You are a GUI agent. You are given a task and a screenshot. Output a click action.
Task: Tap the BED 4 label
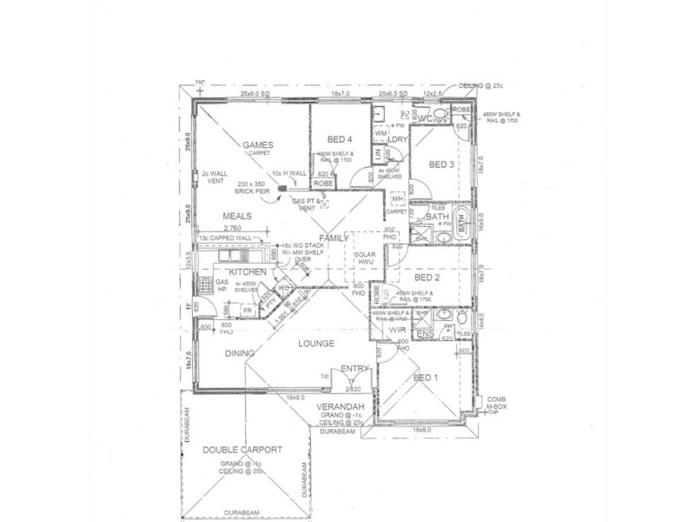coord(340,139)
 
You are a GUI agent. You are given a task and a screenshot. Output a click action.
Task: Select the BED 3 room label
coord(442,164)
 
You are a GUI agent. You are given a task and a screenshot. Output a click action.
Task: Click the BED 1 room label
coord(426,377)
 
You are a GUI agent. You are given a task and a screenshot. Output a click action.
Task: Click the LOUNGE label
coord(316,345)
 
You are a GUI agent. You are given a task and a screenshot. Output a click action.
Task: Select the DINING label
coord(238,353)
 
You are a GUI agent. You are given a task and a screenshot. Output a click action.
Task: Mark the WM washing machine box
coord(381,133)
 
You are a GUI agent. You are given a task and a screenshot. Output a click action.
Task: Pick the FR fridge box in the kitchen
coord(248,309)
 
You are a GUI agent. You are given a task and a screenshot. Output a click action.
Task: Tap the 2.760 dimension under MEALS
coord(213,228)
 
